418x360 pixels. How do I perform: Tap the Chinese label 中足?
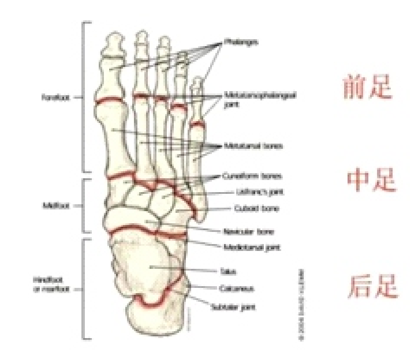click(x=372, y=181)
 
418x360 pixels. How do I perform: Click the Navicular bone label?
click(x=248, y=231)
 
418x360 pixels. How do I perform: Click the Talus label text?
click(x=228, y=271)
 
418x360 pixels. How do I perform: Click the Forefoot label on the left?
click(x=56, y=98)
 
